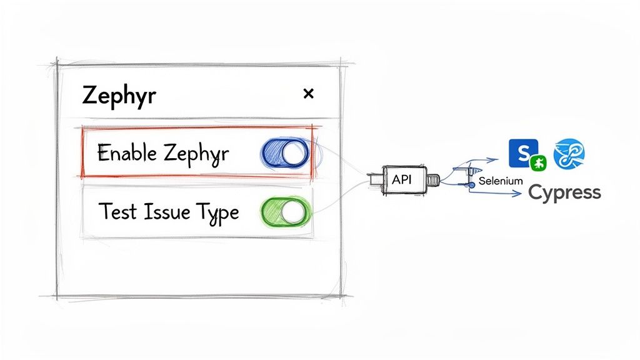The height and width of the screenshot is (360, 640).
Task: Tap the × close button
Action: [307, 94]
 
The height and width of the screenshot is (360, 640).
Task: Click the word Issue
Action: [163, 212]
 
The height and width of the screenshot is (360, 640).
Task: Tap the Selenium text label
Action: [500, 181]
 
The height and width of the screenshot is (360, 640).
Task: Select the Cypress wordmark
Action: [564, 192]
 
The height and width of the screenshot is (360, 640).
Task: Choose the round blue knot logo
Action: [569, 153]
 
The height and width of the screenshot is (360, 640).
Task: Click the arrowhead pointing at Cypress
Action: [519, 195]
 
